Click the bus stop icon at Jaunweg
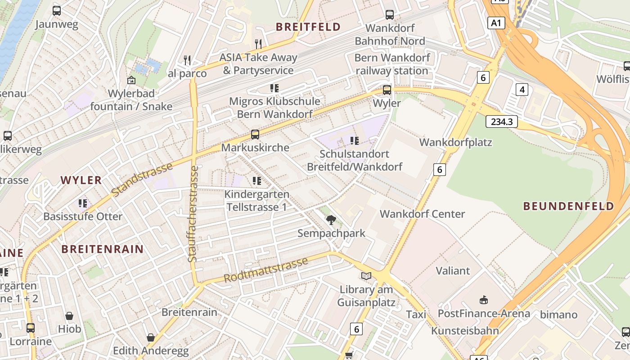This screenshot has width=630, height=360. click(x=57, y=11)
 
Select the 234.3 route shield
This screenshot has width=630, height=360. click(x=501, y=121)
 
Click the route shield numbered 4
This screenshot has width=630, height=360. click(x=522, y=90)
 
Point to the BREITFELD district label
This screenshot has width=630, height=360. click(x=308, y=27)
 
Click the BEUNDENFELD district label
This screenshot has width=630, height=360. click(x=569, y=207)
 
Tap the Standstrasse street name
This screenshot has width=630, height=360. click(x=142, y=180)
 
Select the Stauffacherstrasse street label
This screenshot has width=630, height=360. click(x=193, y=214)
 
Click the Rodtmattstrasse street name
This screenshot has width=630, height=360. click(x=265, y=270)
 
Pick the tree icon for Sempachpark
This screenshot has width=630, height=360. click(x=331, y=220)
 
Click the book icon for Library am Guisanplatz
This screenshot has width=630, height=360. click(x=366, y=276)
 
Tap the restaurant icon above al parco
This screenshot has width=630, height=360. click(x=187, y=60)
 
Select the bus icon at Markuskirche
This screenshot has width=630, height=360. click(x=255, y=134)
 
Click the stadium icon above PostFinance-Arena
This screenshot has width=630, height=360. click(x=484, y=300)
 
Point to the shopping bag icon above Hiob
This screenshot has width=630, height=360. click(x=69, y=316)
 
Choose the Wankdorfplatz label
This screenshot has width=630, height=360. click(x=455, y=143)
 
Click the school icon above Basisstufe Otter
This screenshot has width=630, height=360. click(x=83, y=203)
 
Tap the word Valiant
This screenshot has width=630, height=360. click(x=453, y=271)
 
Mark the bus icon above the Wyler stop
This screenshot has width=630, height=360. click(x=387, y=90)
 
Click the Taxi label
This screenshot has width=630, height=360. click(x=416, y=315)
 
